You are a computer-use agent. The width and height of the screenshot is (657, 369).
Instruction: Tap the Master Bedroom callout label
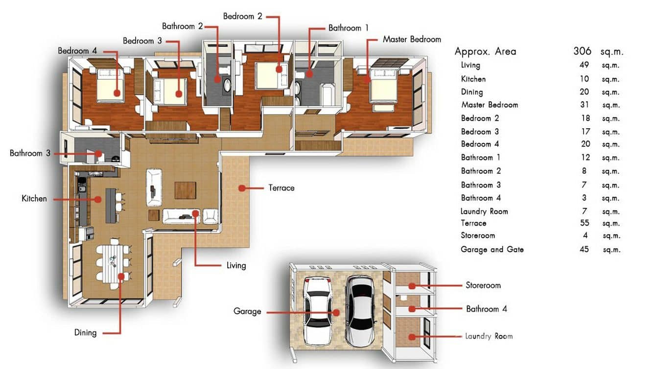tap(411, 39)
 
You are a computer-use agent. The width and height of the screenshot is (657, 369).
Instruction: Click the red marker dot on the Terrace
tap(242, 187)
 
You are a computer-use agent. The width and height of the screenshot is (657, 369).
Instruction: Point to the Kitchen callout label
tap(34, 199)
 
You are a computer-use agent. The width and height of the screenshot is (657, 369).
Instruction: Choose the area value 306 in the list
tap(582, 51)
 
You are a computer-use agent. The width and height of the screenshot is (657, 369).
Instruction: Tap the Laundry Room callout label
tap(489, 336)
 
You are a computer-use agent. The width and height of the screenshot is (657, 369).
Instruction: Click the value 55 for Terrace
tap(584, 223)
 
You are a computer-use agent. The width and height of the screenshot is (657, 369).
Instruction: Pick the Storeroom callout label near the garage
tap(483, 285)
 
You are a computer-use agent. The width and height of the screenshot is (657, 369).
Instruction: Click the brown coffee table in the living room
tap(185, 190)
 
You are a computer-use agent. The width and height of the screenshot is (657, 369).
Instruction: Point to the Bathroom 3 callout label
tap(30, 153)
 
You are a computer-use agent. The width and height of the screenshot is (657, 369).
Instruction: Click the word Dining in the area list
tap(472, 92)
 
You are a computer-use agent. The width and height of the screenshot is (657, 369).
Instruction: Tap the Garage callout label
tap(247, 311)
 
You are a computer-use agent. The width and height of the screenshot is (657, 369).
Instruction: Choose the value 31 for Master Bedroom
tap(584, 105)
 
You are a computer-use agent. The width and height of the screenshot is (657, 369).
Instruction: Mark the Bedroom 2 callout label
tap(242, 16)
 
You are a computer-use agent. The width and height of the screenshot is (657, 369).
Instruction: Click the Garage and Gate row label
tap(492, 250)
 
